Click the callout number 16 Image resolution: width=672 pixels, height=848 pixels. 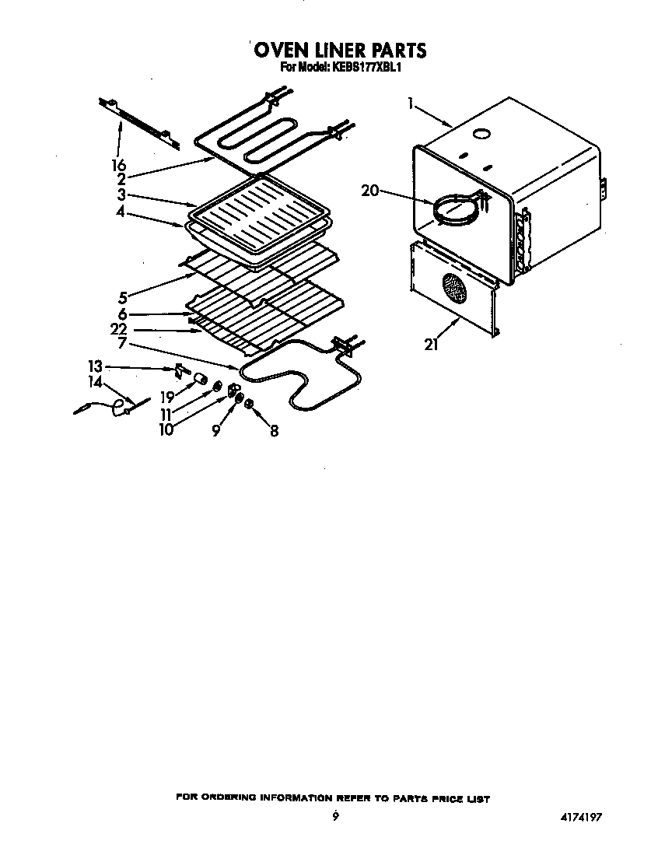(x=118, y=165)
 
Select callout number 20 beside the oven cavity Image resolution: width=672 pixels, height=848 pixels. (x=369, y=190)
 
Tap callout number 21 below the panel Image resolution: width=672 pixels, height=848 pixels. (x=431, y=345)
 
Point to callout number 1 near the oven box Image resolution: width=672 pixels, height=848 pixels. (x=409, y=102)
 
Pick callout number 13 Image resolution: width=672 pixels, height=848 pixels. (x=95, y=366)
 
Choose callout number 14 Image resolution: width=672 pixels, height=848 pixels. (x=95, y=382)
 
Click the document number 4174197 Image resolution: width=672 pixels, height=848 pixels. (x=579, y=817)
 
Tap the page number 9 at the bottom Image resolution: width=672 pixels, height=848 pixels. (x=334, y=815)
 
